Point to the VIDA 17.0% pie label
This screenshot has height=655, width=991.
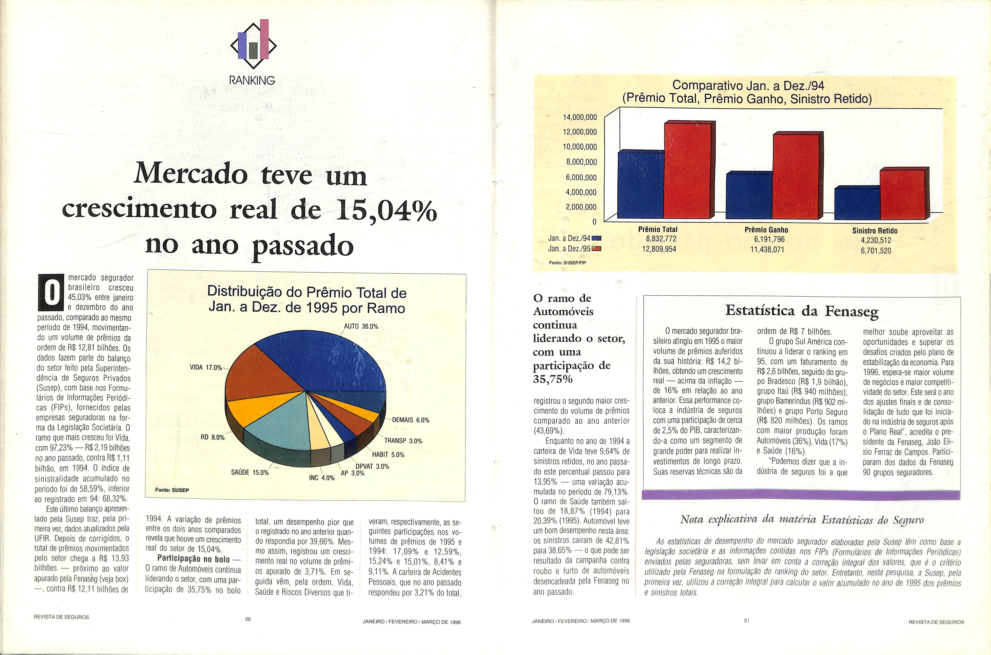(206, 368)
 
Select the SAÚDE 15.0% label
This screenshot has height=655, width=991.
(250, 473)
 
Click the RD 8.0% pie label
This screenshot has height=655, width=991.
(213, 437)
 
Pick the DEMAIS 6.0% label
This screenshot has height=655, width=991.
(411, 420)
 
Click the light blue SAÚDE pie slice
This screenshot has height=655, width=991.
(276, 422)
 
